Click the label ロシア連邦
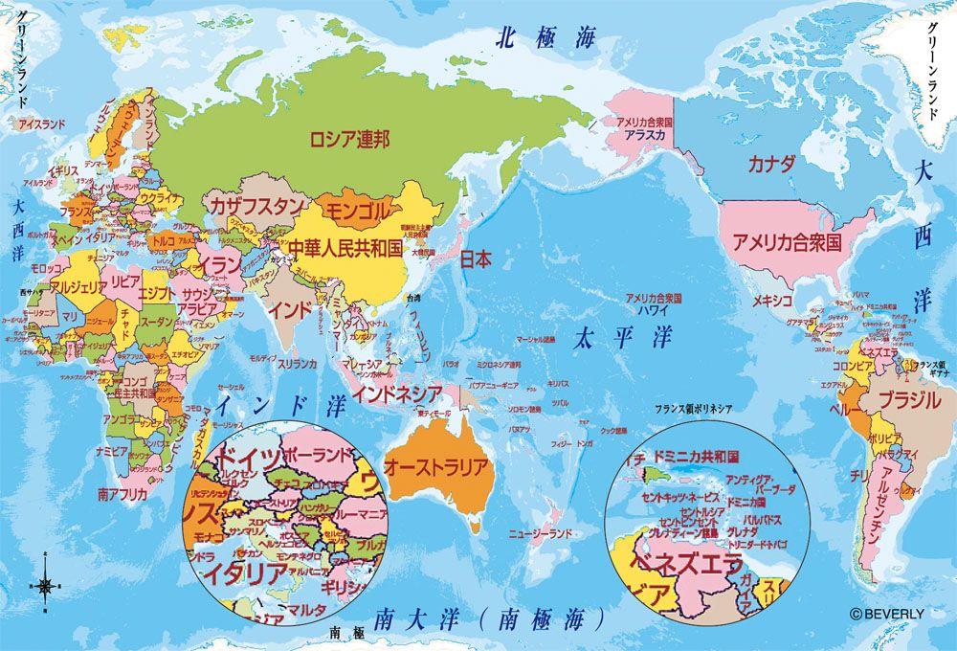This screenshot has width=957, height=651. click(x=348, y=140)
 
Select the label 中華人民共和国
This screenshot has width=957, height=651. click(x=347, y=248)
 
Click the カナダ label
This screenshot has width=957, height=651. click(x=771, y=162)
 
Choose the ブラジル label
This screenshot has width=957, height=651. click(x=909, y=400)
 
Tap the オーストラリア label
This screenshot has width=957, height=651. click(x=435, y=467)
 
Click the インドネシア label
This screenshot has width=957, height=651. click(x=396, y=393)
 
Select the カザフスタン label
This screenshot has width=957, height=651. click(x=256, y=206)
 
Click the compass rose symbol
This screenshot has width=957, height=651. click(x=46, y=582)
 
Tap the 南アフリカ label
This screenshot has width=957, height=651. click(x=122, y=494)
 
